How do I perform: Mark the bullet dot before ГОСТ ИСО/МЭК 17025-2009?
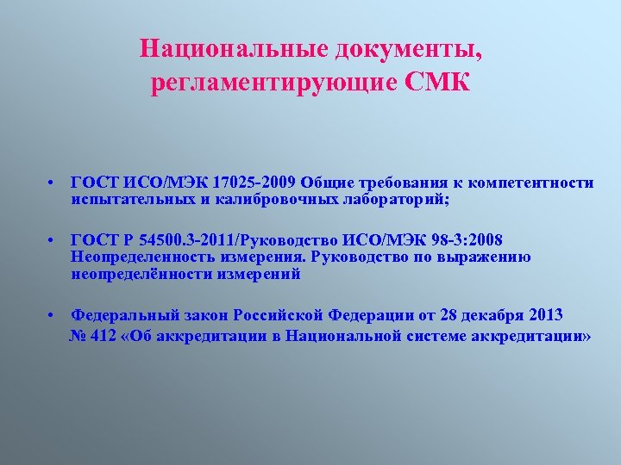tap(53, 183)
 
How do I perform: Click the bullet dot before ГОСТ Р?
tap(53, 239)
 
